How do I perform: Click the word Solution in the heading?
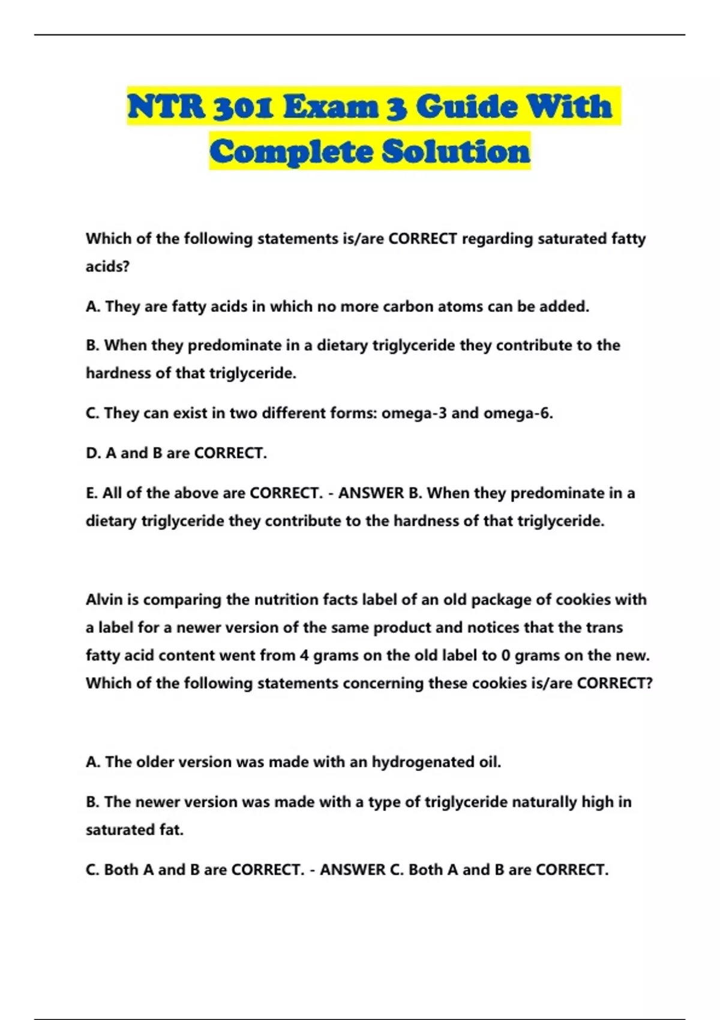[x=456, y=151]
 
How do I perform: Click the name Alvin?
[x=104, y=599]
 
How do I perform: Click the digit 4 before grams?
[x=304, y=655]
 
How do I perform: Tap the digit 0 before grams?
[x=505, y=655]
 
